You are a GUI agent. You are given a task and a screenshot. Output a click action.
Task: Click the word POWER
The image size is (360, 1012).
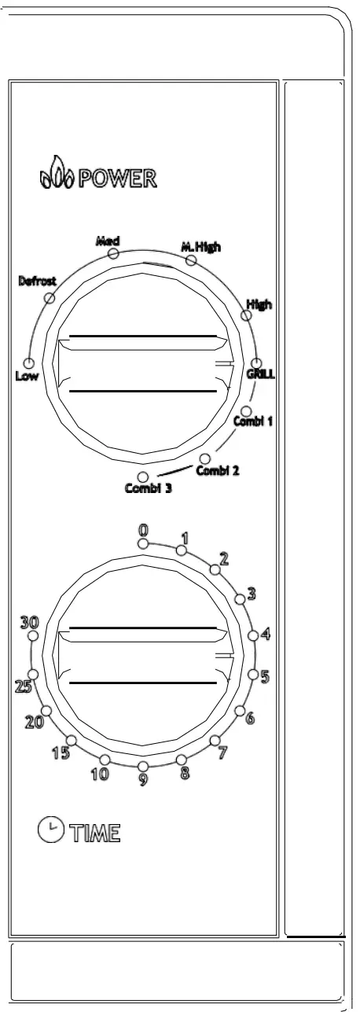pos(118,179)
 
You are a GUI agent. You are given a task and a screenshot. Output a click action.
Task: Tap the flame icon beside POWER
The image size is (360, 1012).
pos(57,174)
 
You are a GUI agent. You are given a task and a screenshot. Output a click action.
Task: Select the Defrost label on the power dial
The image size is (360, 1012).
pos(37,281)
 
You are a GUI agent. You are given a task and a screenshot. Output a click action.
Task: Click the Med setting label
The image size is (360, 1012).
pos(108,241)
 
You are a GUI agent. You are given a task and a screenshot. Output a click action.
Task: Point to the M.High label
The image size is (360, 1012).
pos(201,247)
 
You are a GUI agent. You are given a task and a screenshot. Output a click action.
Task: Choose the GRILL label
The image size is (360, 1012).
pos(261,374)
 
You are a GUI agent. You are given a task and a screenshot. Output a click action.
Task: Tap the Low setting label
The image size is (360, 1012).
pos(27,375)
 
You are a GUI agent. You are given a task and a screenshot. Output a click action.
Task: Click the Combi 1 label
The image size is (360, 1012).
pos(253,421)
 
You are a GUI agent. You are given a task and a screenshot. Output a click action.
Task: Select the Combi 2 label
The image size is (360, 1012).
pos(218,470)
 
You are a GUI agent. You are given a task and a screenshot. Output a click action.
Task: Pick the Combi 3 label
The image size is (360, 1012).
pos(148,488)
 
